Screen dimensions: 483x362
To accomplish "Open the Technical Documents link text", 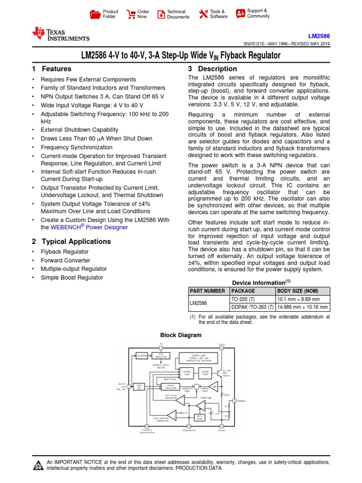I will (178, 14).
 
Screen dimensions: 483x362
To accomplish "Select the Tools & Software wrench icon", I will (203, 14).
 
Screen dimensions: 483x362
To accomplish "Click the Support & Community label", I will (258, 13).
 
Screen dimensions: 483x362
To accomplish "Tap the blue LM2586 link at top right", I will (319, 36).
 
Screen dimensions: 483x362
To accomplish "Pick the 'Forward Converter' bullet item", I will (66, 260).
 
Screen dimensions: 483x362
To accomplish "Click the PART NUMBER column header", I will (207, 291).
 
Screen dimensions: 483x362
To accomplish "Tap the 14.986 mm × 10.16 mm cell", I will (302, 307).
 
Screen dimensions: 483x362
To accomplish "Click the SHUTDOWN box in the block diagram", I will (142, 355).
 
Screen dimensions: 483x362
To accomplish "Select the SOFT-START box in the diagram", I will (199, 418).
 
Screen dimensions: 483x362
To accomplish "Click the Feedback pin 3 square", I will (234, 401).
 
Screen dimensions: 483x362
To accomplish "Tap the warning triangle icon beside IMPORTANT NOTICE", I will (38, 466).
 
